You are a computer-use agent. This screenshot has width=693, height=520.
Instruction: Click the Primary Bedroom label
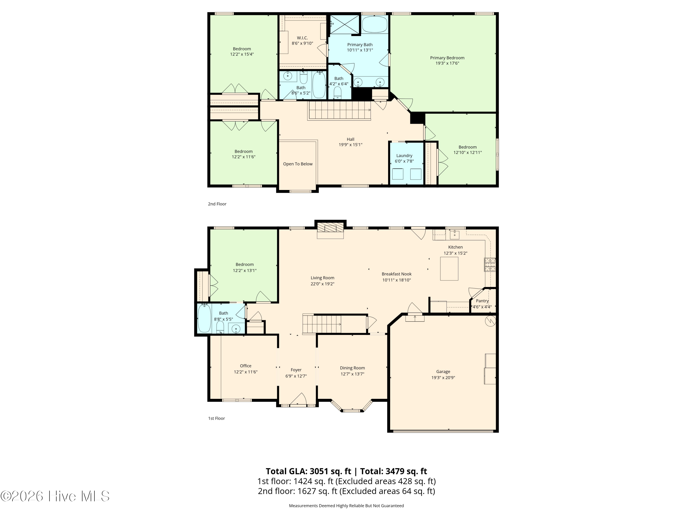pos(447,58)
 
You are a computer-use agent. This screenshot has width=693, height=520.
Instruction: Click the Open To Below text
pos(298,164)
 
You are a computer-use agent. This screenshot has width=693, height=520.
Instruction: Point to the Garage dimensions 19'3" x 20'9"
pos(443,378)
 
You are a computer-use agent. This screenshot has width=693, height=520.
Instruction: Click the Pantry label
pos(482,301)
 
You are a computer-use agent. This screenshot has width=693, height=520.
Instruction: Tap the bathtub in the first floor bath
pos(205,318)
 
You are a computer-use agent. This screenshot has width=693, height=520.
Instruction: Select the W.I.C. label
pos(302,38)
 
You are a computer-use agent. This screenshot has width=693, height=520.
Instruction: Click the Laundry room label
pos(404,156)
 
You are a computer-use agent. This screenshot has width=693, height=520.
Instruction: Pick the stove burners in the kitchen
pos(490,264)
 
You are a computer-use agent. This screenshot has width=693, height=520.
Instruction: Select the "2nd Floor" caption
pos(217,204)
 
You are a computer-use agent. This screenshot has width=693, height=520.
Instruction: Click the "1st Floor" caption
pos(216,418)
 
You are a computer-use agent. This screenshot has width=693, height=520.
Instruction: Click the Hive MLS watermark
pos(55,496)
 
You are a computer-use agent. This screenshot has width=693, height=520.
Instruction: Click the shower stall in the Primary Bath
pos(344,25)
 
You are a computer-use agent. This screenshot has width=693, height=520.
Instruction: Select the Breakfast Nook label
pos(397,274)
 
